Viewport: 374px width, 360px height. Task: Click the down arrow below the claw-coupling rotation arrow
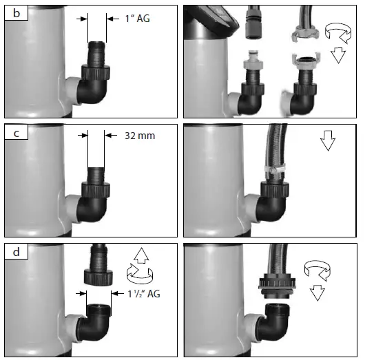(337, 54)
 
